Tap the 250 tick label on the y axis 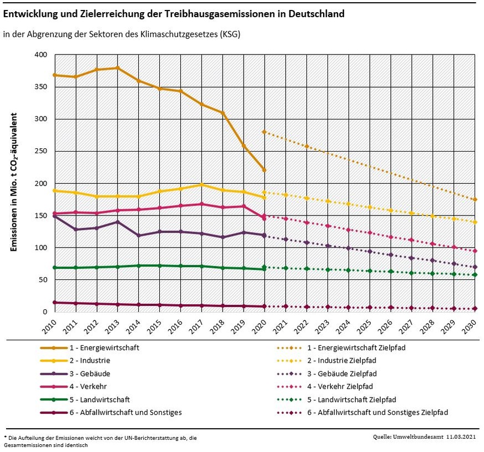tap(41, 152)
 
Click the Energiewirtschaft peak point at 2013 tap(117, 68)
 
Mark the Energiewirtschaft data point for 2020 tap(264, 170)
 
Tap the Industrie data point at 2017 tap(201, 185)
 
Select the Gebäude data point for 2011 tap(75, 229)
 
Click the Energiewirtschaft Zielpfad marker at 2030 tap(475, 199)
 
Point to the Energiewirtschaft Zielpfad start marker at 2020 tap(264, 132)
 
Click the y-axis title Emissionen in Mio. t tap(15, 183)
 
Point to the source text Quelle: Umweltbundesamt tap(425, 438)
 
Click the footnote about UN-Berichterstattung tap(100, 441)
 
